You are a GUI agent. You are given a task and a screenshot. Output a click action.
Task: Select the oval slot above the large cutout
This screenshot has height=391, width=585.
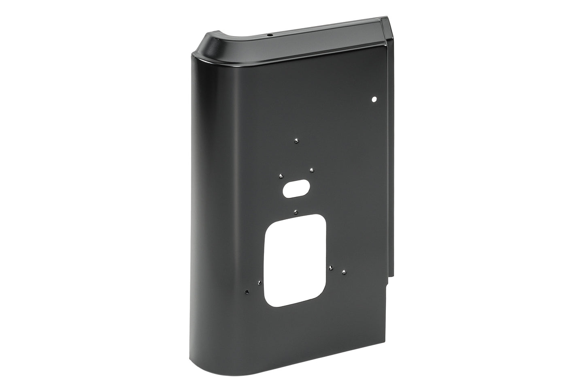pyautogui.click(x=296, y=189)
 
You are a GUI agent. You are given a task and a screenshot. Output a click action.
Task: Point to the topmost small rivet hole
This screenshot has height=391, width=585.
pyautogui.click(x=296, y=141)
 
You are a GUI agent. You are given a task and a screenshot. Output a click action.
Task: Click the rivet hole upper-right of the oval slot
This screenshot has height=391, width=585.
pyautogui.click(x=311, y=170)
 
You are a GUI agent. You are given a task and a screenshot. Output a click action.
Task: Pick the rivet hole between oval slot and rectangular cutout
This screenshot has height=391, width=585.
pyautogui.click(x=296, y=212)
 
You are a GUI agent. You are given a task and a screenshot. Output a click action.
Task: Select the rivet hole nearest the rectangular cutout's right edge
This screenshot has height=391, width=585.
pyautogui.click(x=331, y=267)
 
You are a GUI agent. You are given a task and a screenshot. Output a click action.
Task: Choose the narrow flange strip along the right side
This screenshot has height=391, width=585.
pyautogui.click(x=392, y=162)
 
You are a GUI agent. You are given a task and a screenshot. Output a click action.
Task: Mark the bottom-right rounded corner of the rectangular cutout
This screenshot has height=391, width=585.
pyautogui.click(x=320, y=299)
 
